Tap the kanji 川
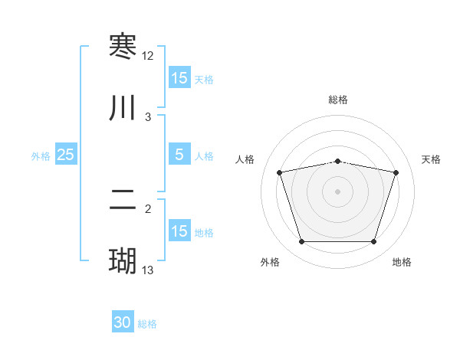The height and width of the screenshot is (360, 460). point(123,108)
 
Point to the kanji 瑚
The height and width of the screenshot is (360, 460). point(123,261)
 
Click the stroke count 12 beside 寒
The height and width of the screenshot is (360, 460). point(148,56)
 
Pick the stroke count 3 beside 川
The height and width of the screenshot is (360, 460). point(148,117)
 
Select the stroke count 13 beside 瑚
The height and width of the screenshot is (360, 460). point(148,270)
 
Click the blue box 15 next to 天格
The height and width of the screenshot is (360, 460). point(179,78)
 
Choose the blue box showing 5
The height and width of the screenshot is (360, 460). point(179,155)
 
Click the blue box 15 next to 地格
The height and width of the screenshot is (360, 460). point(179,231)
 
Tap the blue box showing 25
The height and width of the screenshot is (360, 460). point(66,155)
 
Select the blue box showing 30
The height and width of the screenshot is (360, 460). point(123,323)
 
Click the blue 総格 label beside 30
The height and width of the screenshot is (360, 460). point(148,325)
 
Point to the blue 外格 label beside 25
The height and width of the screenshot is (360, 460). point(41,156)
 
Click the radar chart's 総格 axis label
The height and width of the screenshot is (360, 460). point(337,100)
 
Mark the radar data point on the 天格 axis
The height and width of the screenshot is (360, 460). point(396,172)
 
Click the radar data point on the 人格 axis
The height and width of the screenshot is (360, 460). point(279,172)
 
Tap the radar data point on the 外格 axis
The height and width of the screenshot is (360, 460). point(301,242)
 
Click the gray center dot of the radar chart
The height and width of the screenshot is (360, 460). point(337,191)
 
